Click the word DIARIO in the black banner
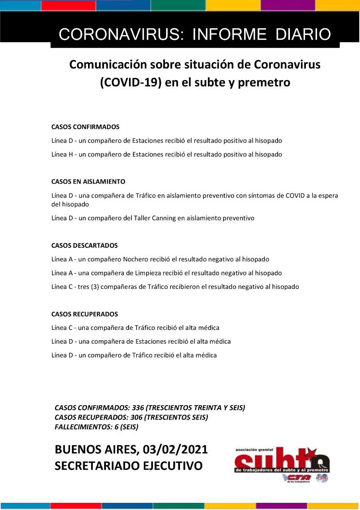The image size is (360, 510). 303,35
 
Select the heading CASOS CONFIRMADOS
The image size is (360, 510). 85,127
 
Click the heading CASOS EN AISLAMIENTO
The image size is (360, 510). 88,182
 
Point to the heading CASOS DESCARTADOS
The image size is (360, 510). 84,245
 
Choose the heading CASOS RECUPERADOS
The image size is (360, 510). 84,314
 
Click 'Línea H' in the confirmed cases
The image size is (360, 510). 62,155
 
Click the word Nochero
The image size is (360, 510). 135,259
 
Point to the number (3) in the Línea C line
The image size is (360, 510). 95,287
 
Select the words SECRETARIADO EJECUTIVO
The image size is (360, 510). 129,466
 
